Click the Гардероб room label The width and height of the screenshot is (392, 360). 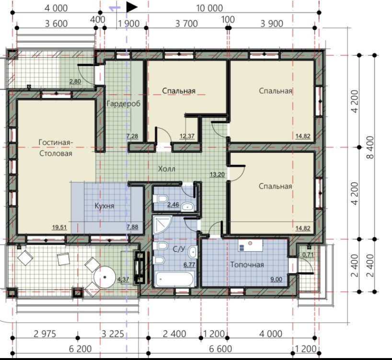[x=124, y=103]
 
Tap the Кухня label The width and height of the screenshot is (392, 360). [x=104, y=206]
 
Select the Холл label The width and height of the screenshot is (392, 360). [x=166, y=169]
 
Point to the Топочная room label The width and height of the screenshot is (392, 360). [x=247, y=265]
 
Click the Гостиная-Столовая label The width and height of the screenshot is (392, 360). [x=56, y=147]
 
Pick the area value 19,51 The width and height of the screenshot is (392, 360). [x=59, y=227]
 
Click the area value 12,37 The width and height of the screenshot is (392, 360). [x=187, y=136]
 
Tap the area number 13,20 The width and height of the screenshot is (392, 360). [x=217, y=174]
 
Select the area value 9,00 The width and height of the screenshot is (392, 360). [x=276, y=279]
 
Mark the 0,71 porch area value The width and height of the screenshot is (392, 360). [x=308, y=255]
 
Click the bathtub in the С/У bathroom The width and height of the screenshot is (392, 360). [x=174, y=279]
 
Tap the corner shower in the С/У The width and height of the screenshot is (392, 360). [x=162, y=225]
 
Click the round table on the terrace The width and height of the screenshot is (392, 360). [x=104, y=277]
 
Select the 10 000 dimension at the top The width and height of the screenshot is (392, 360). [x=209, y=8]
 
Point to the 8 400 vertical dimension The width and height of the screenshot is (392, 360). [x=370, y=147]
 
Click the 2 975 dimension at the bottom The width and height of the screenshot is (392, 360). [x=45, y=334]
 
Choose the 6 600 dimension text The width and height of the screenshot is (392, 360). [x=220, y=349]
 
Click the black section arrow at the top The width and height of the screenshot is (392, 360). [x=132, y=7]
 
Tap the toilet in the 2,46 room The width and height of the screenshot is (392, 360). [x=160, y=199]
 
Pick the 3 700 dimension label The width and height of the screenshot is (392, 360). [x=186, y=24]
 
